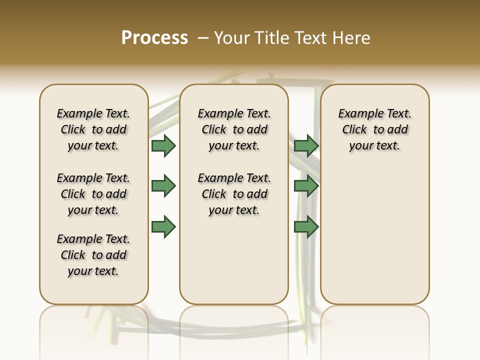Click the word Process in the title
[154, 38]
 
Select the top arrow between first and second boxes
[163, 145]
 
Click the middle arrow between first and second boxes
[163, 186]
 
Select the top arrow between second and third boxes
[306, 145]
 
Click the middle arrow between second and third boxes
[306, 186]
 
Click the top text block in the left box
[93, 129]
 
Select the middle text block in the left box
[93, 194]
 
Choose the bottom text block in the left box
[93, 255]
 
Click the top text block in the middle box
[234, 129]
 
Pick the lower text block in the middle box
[234, 194]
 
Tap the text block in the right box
[374, 129]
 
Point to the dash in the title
[202, 38]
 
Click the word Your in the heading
[232, 38]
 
